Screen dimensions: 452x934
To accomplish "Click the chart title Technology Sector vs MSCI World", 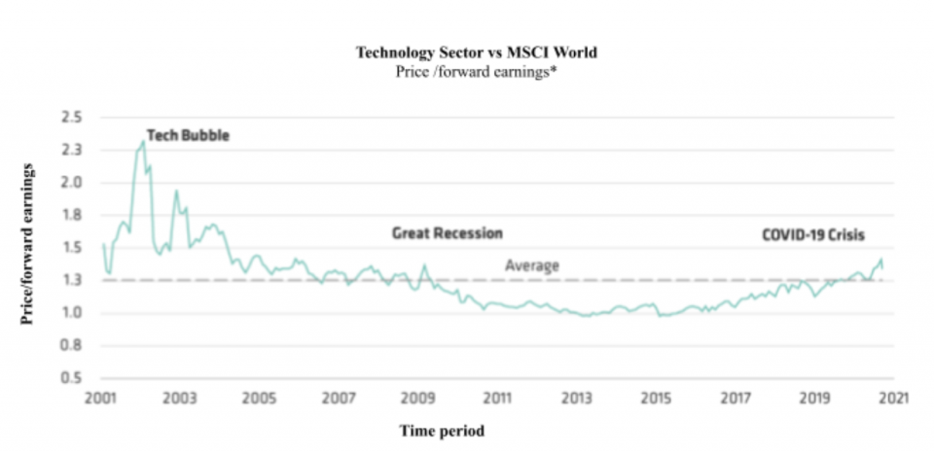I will click(477, 52).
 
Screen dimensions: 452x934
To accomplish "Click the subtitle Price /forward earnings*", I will click(477, 71).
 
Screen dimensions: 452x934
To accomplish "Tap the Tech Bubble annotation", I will click(188, 135).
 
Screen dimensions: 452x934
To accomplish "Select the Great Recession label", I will click(447, 233).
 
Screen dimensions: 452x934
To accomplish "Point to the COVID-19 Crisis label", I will click(813, 234).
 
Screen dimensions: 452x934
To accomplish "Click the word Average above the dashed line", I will click(532, 265).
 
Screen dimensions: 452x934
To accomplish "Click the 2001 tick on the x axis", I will click(100, 399).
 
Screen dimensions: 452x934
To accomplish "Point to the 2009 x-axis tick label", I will click(417, 399).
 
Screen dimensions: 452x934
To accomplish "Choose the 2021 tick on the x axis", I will click(894, 399).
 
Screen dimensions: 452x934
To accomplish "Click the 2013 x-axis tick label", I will click(577, 399).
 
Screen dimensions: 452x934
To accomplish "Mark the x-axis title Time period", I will click(443, 430).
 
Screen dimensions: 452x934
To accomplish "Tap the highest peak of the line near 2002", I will click(144, 142).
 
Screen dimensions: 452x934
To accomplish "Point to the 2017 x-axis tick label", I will click(736, 399).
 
